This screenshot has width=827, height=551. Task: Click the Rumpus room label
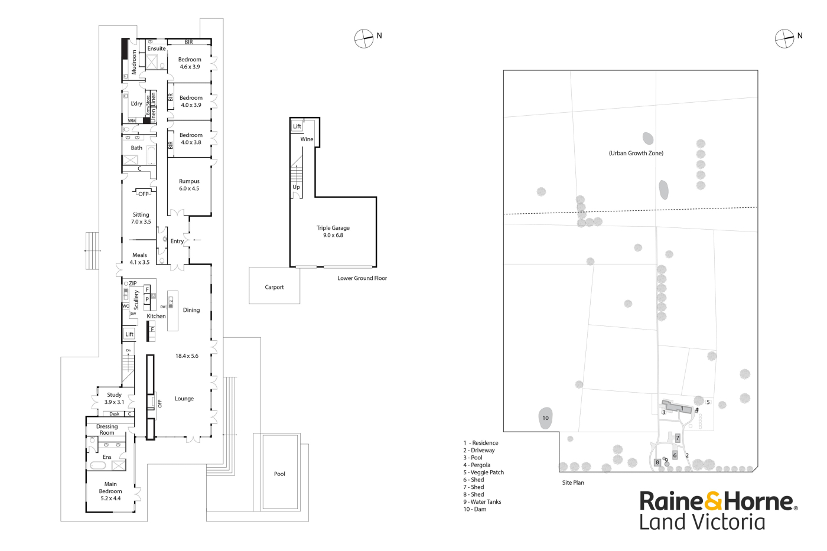(x=189, y=182)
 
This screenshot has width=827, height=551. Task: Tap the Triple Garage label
(x=333, y=228)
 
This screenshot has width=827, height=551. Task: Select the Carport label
(x=274, y=288)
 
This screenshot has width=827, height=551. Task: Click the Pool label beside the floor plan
(x=279, y=474)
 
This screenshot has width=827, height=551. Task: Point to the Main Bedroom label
(x=110, y=488)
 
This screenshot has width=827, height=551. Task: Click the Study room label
(x=114, y=395)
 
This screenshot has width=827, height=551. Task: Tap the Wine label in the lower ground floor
(x=307, y=139)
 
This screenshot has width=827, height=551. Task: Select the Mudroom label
(x=134, y=61)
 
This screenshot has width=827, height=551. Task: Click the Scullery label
(x=136, y=300)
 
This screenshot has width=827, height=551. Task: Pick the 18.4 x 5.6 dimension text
(x=187, y=356)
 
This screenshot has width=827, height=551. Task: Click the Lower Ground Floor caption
(x=362, y=278)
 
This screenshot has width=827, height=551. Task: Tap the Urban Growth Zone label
(x=636, y=154)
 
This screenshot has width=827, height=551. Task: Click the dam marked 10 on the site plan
(x=545, y=418)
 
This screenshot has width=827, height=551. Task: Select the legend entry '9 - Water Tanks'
(x=482, y=502)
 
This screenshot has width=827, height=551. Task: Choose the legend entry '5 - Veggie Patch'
(x=483, y=472)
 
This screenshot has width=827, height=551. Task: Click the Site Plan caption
(x=573, y=483)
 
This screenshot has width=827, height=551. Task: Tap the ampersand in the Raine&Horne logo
(x=713, y=501)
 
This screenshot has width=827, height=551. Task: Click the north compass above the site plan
(x=784, y=38)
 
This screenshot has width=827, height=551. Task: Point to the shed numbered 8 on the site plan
(x=657, y=462)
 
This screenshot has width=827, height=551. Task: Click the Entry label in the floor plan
(x=177, y=242)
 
